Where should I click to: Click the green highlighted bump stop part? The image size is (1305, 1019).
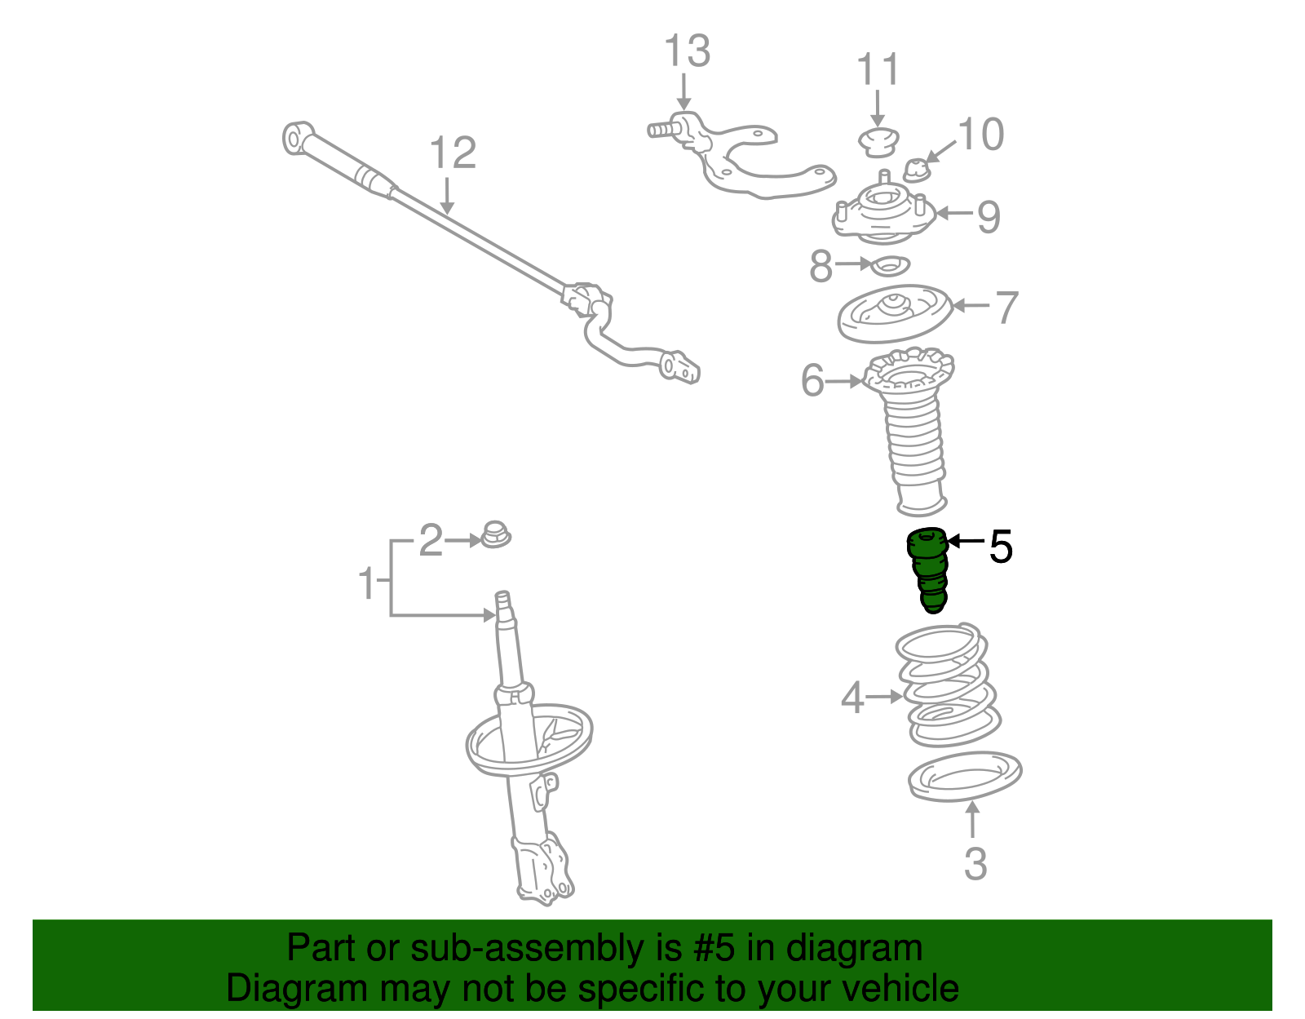tap(928, 569)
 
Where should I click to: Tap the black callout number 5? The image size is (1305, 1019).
tap(1001, 547)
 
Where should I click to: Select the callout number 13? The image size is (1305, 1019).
tap(687, 51)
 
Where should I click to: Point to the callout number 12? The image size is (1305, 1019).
tap(453, 153)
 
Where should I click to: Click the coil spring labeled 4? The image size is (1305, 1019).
tap(949, 685)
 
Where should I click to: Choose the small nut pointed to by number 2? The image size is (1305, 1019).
tap(496, 534)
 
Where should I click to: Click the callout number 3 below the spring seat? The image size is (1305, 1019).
tap(976, 864)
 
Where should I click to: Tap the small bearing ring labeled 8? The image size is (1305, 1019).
tap(890, 265)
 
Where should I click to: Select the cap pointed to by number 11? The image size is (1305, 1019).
tap(878, 142)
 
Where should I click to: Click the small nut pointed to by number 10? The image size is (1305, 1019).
tap(917, 171)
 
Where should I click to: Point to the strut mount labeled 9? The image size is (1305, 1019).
tap(883, 211)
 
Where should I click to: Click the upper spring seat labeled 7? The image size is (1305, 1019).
tap(895, 313)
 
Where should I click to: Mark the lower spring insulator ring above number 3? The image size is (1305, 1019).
tap(965, 776)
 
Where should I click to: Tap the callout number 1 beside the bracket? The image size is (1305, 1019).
tap(366, 582)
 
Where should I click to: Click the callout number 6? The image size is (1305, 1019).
tap(812, 380)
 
